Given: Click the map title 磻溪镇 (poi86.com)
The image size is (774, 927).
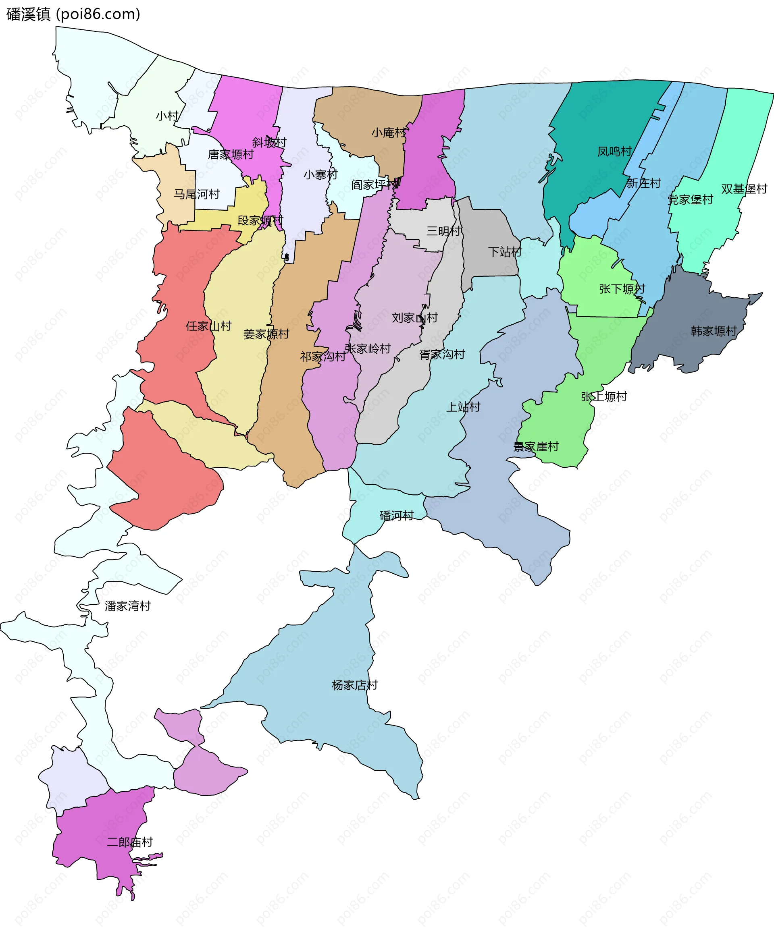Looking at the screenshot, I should coord(73,14).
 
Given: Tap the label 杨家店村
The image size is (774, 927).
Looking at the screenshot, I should coord(354,685).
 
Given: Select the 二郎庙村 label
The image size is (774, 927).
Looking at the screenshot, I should coord(129,842).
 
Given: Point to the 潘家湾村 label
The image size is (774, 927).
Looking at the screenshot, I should coord(128,606).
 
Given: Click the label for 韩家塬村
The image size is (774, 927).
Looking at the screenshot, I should coord(714,331).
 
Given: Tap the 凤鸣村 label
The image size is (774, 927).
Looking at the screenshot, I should coord(614,151).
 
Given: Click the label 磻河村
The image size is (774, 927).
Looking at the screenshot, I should coord(396,516).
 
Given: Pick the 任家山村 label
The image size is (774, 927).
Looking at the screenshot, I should coord(208,326).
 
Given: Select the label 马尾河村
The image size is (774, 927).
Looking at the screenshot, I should coord(196,194).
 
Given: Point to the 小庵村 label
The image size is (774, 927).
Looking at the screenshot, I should coord(388,133).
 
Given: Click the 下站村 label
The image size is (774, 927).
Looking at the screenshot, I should coord(505,252).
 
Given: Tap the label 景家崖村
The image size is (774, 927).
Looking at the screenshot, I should coord(535,447).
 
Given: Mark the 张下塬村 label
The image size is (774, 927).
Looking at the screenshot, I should coord(622,289).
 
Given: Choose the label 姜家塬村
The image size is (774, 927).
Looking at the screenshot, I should coord(266,334).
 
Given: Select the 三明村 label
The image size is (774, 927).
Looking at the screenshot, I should coord(443,231).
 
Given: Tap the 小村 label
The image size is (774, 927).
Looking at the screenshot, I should coord(167,116).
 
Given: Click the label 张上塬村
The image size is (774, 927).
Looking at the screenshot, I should coord(603,396).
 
